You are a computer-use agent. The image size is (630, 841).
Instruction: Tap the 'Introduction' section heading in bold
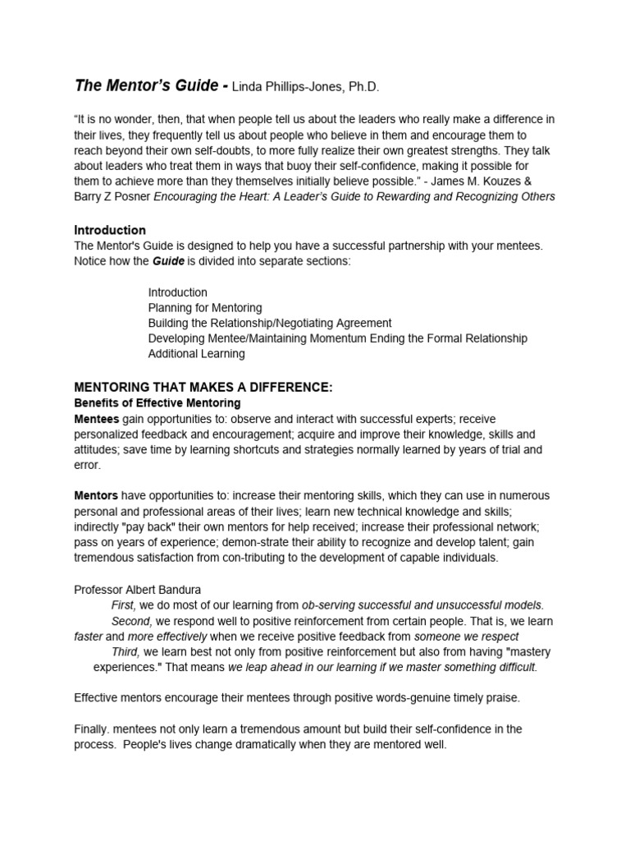[x=110, y=230]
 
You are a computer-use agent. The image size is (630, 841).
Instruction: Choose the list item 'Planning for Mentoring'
[x=205, y=308]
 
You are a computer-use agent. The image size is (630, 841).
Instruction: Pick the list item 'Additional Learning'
[x=196, y=354]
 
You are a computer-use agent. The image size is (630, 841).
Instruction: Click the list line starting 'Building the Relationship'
[x=269, y=323]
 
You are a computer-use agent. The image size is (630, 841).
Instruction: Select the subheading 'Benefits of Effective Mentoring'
[x=157, y=403]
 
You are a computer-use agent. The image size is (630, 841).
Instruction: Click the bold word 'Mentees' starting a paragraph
[x=97, y=419]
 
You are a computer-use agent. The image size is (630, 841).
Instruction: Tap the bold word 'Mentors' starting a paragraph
[x=96, y=496]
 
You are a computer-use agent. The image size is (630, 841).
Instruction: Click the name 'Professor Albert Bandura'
[x=138, y=589]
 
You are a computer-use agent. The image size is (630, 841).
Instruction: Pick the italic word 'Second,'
[x=132, y=621]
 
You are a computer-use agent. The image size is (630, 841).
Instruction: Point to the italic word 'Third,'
[x=126, y=651]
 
